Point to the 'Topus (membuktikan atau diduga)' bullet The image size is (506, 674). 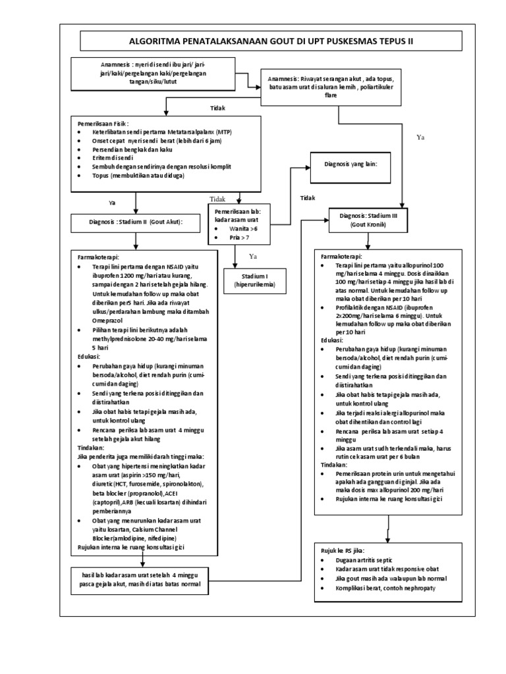point(138,176)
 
